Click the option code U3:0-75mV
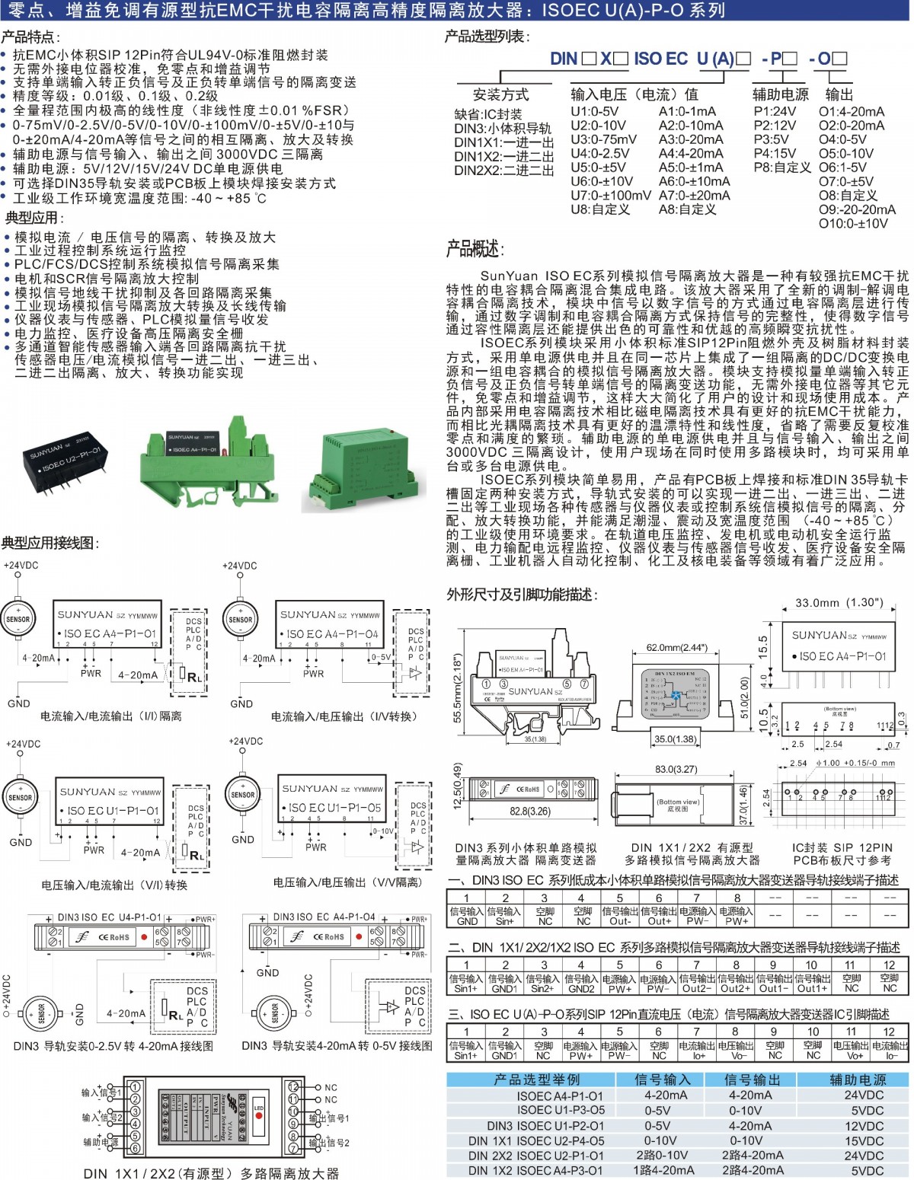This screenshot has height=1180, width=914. coord(603,139)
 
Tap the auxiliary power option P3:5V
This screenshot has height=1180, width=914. coord(771,139)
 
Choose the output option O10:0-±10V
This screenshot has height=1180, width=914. coord(853,223)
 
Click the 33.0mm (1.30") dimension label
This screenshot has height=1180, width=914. coord(839,603)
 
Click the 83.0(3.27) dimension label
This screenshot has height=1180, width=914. coord(676,769)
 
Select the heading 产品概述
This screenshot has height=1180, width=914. coord(475,249)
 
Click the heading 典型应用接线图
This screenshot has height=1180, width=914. coord(50,543)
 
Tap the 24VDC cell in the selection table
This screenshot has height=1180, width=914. coord(864,1095)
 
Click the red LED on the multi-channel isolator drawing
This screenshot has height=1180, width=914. coord(259,1116)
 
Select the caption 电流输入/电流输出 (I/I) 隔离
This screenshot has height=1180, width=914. coord(111,716)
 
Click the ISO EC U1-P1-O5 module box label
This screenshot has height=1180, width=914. coord(334,807)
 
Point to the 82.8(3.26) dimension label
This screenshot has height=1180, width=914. coord(530,811)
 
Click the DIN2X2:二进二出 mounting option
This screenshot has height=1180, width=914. coord(503,171)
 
